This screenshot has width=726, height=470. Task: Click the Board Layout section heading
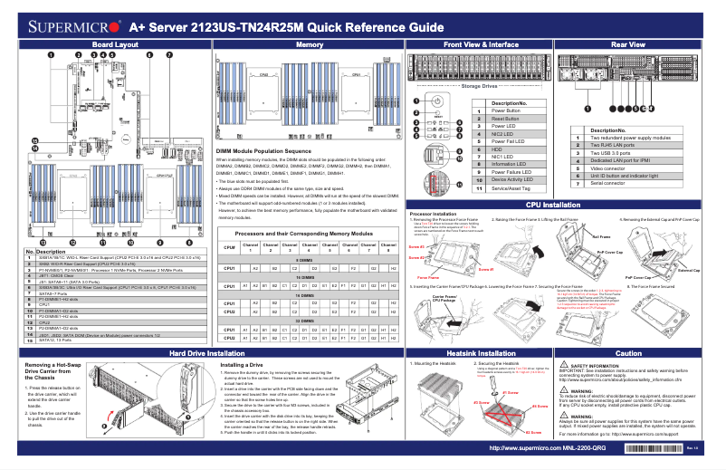(x=116, y=44)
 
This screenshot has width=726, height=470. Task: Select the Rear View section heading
(x=628, y=44)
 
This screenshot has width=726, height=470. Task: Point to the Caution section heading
(x=628, y=352)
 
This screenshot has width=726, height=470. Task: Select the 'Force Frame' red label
(x=429, y=277)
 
